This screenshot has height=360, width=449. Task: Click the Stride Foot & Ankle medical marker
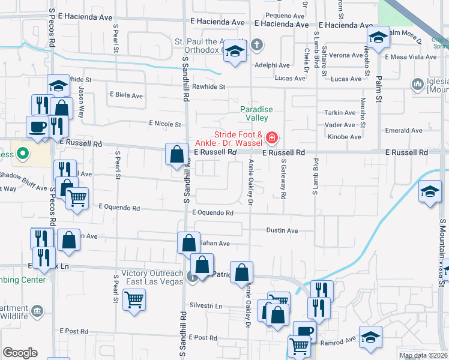(x=272, y=139)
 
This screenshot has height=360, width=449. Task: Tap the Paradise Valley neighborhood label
(x=256, y=113)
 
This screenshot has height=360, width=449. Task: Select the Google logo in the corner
(x=20, y=353)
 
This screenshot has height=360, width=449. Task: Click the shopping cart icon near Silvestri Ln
(x=134, y=298)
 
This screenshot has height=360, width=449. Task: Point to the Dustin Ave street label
(x=282, y=230)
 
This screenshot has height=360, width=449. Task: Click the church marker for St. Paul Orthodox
(x=256, y=45)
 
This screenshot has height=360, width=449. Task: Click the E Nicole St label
(x=165, y=124)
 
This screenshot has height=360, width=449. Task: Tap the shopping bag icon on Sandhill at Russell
(x=176, y=154)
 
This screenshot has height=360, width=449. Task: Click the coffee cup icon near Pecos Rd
(x=37, y=127)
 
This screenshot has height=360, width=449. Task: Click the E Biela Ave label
(x=126, y=95)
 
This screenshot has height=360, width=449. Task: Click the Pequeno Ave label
(x=285, y=16)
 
